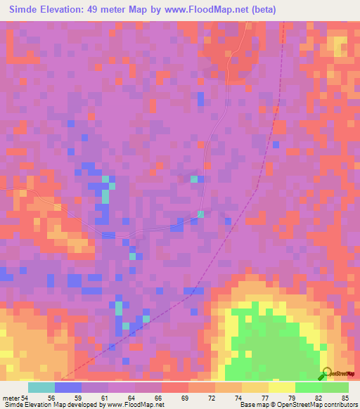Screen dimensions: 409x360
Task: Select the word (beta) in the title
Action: pos(260,10)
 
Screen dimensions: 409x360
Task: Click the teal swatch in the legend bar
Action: pos(41,387)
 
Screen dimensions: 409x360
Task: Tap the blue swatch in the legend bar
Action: pos(68,387)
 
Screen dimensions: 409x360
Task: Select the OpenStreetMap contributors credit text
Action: pos(317,405)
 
